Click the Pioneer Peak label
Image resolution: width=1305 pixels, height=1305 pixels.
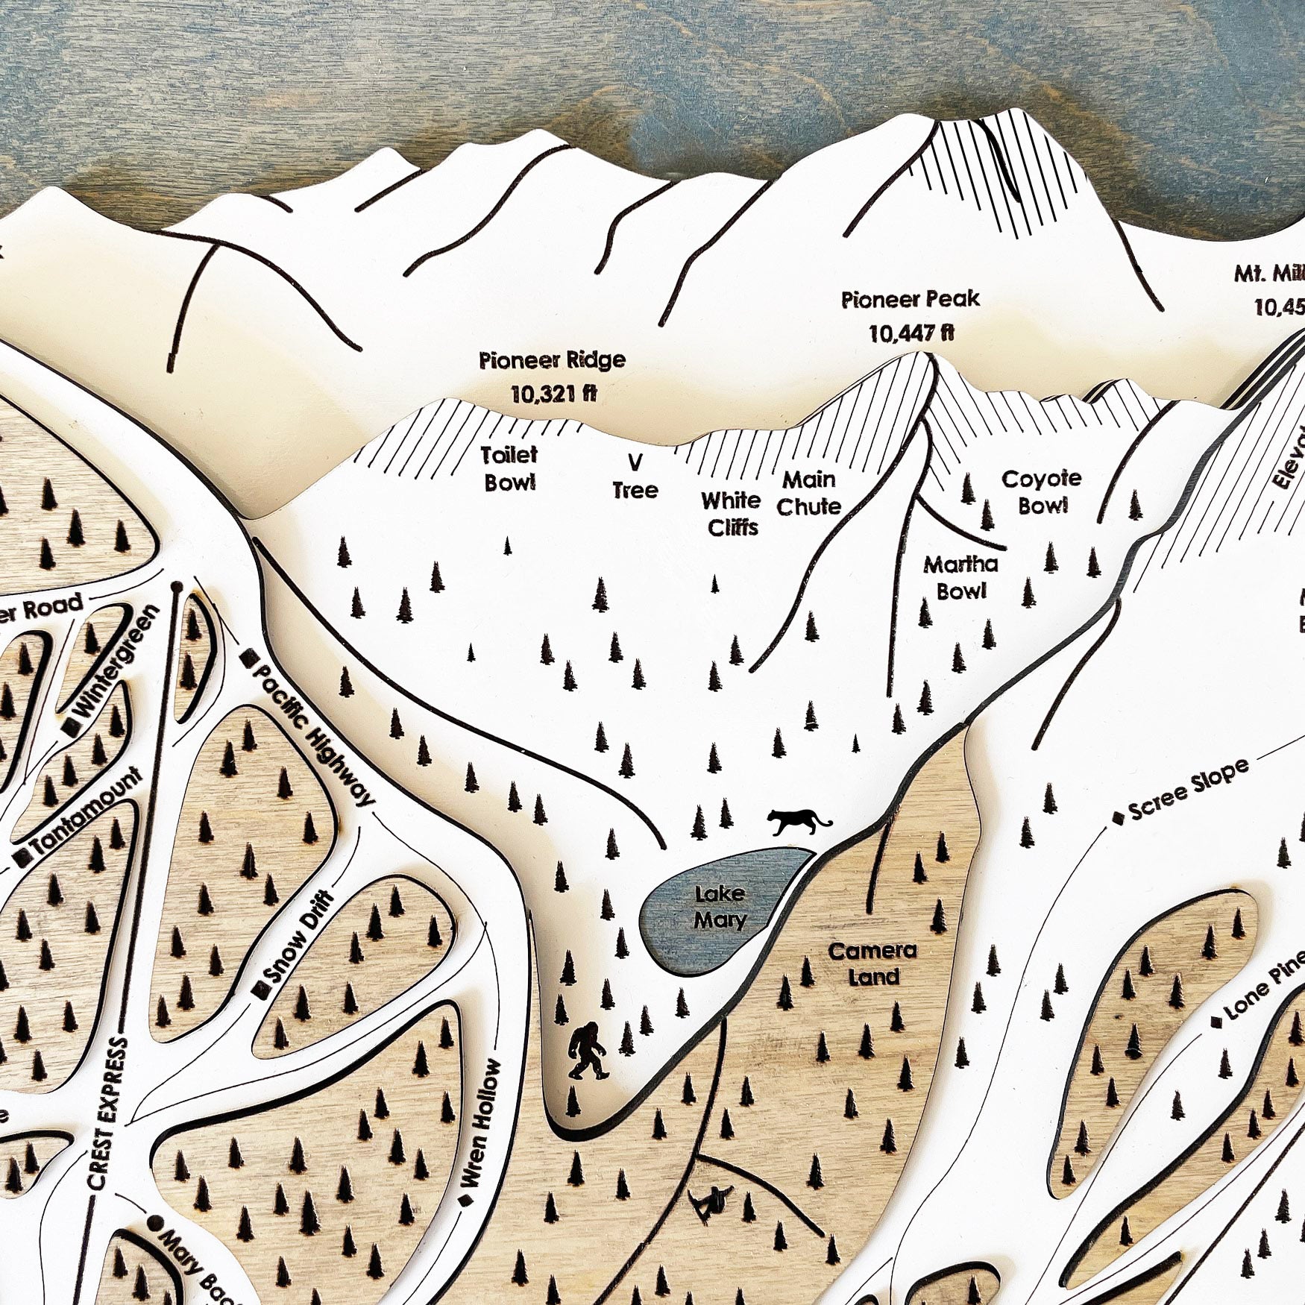(x=910, y=300)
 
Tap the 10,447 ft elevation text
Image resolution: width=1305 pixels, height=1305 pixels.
(x=911, y=333)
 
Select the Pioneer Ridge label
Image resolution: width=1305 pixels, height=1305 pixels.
(x=552, y=360)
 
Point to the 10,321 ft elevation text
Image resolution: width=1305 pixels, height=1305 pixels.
(x=553, y=393)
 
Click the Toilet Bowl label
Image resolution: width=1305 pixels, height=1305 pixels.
(x=509, y=468)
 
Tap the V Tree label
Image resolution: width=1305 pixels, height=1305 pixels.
(x=635, y=477)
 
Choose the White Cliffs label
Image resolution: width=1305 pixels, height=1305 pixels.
(x=732, y=514)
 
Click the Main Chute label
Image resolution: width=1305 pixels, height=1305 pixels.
(x=809, y=493)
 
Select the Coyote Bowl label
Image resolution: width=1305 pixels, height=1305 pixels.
(x=1042, y=491)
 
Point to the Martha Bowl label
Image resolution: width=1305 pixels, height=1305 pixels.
(x=961, y=577)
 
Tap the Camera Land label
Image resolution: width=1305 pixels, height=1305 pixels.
(x=872, y=963)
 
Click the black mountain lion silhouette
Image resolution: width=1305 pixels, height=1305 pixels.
(x=798, y=820)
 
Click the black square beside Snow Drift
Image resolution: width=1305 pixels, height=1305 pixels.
(x=260, y=990)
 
